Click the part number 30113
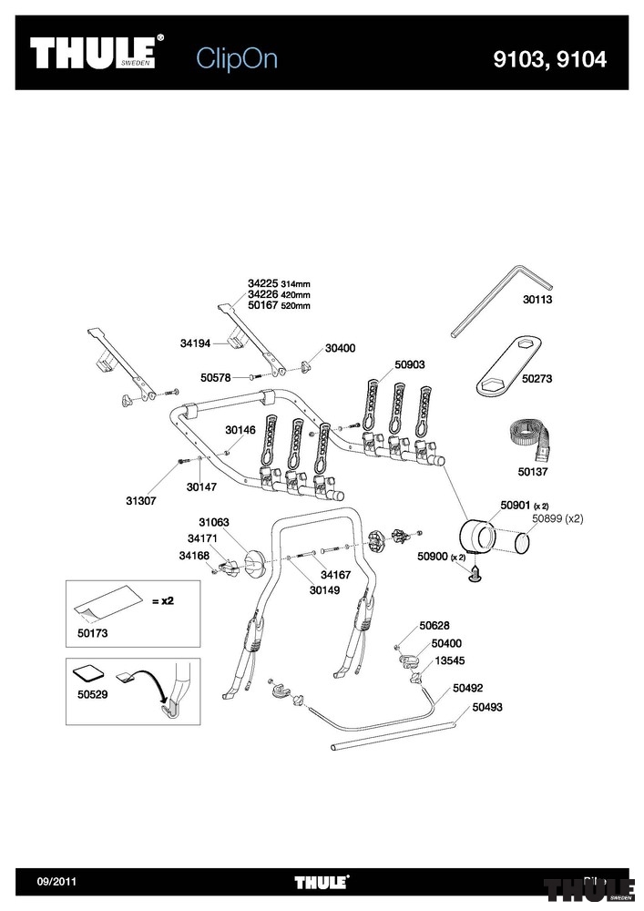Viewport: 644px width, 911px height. [538, 299]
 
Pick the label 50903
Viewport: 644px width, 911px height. [410, 364]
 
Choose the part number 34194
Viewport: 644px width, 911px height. [196, 343]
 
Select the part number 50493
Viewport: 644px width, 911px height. [487, 706]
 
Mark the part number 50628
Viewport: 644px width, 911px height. [434, 625]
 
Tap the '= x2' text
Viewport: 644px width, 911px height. [161, 600]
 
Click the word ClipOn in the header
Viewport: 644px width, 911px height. [237, 59]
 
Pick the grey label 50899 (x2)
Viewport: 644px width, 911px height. [557, 518]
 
